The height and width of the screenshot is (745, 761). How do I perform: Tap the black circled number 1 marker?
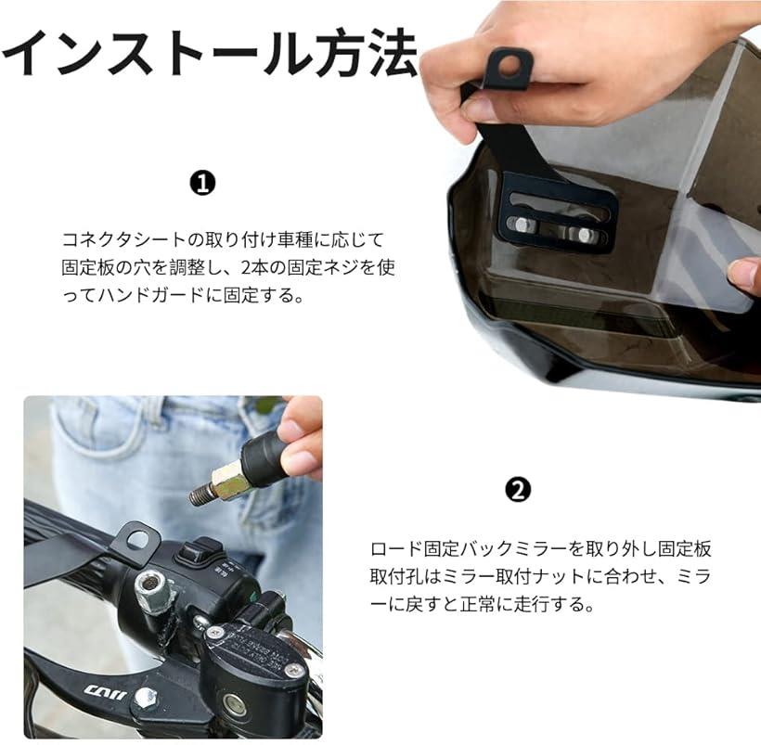[x=202, y=184]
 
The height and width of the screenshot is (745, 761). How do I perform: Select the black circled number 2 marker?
[x=518, y=491]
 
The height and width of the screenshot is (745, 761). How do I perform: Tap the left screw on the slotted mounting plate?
[x=521, y=225]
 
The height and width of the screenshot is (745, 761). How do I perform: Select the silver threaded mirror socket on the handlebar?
[x=151, y=590]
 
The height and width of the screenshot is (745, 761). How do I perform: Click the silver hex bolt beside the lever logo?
[x=146, y=698]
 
